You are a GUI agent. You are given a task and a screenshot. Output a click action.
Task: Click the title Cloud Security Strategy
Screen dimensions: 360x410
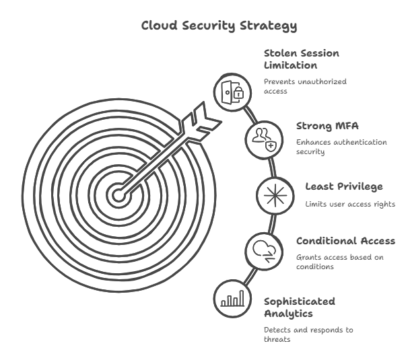point(218,26)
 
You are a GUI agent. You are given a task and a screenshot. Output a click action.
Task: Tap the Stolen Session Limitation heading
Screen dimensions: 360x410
point(301,59)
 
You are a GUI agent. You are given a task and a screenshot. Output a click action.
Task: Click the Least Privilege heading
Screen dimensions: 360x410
point(343,186)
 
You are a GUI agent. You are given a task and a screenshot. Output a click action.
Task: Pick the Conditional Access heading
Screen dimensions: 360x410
point(345,241)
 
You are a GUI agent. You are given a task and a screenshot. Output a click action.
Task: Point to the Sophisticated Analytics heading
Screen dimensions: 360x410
point(300,307)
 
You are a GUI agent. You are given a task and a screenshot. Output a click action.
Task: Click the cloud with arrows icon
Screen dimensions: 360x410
point(261,250)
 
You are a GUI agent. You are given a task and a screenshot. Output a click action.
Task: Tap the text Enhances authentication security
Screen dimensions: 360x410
point(341,147)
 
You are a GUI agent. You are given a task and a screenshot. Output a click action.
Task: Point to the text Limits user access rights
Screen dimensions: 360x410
point(350,204)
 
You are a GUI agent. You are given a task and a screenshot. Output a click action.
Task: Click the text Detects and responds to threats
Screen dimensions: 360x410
point(308,335)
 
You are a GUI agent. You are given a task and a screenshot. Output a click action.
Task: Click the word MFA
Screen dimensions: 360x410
point(346,126)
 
